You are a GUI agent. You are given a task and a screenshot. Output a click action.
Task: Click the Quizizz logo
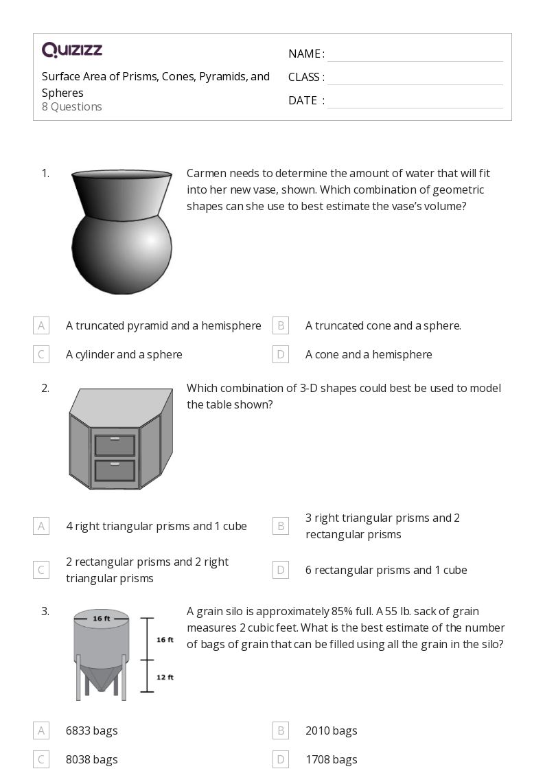(72, 49)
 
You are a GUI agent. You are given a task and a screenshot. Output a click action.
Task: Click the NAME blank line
(415, 54)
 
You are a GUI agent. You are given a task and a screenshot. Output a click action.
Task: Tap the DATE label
(303, 100)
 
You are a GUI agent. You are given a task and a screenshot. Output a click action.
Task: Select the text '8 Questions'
(72, 106)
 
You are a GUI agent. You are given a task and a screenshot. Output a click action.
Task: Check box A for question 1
(41, 325)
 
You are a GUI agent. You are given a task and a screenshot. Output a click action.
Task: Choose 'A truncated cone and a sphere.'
(383, 325)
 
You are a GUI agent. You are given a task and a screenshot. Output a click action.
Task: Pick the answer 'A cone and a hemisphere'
(369, 354)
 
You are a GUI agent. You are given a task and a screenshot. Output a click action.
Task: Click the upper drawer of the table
(115, 445)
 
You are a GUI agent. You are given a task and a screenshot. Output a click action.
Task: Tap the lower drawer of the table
(115, 470)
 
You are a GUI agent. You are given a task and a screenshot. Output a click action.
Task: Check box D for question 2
(280, 570)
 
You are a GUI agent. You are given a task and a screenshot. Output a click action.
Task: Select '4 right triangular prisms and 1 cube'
(156, 526)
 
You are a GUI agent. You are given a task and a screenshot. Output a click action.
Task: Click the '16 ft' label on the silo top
(102, 619)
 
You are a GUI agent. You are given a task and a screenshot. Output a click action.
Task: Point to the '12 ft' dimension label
(165, 677)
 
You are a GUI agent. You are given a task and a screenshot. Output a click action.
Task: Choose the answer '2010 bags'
(331, 730)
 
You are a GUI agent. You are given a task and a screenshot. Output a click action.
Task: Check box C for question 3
(41, 759)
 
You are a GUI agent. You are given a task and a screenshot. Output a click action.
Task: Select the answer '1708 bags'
(331, 759)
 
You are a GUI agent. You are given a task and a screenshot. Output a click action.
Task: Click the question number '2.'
(45, 388)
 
